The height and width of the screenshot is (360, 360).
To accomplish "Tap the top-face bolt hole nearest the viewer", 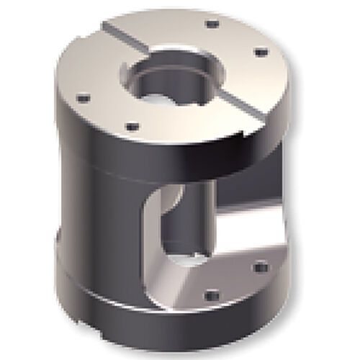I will (132, 127).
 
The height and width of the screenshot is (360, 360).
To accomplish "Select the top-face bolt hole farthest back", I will (211, 24).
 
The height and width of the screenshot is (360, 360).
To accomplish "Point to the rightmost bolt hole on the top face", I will (258, 52).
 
